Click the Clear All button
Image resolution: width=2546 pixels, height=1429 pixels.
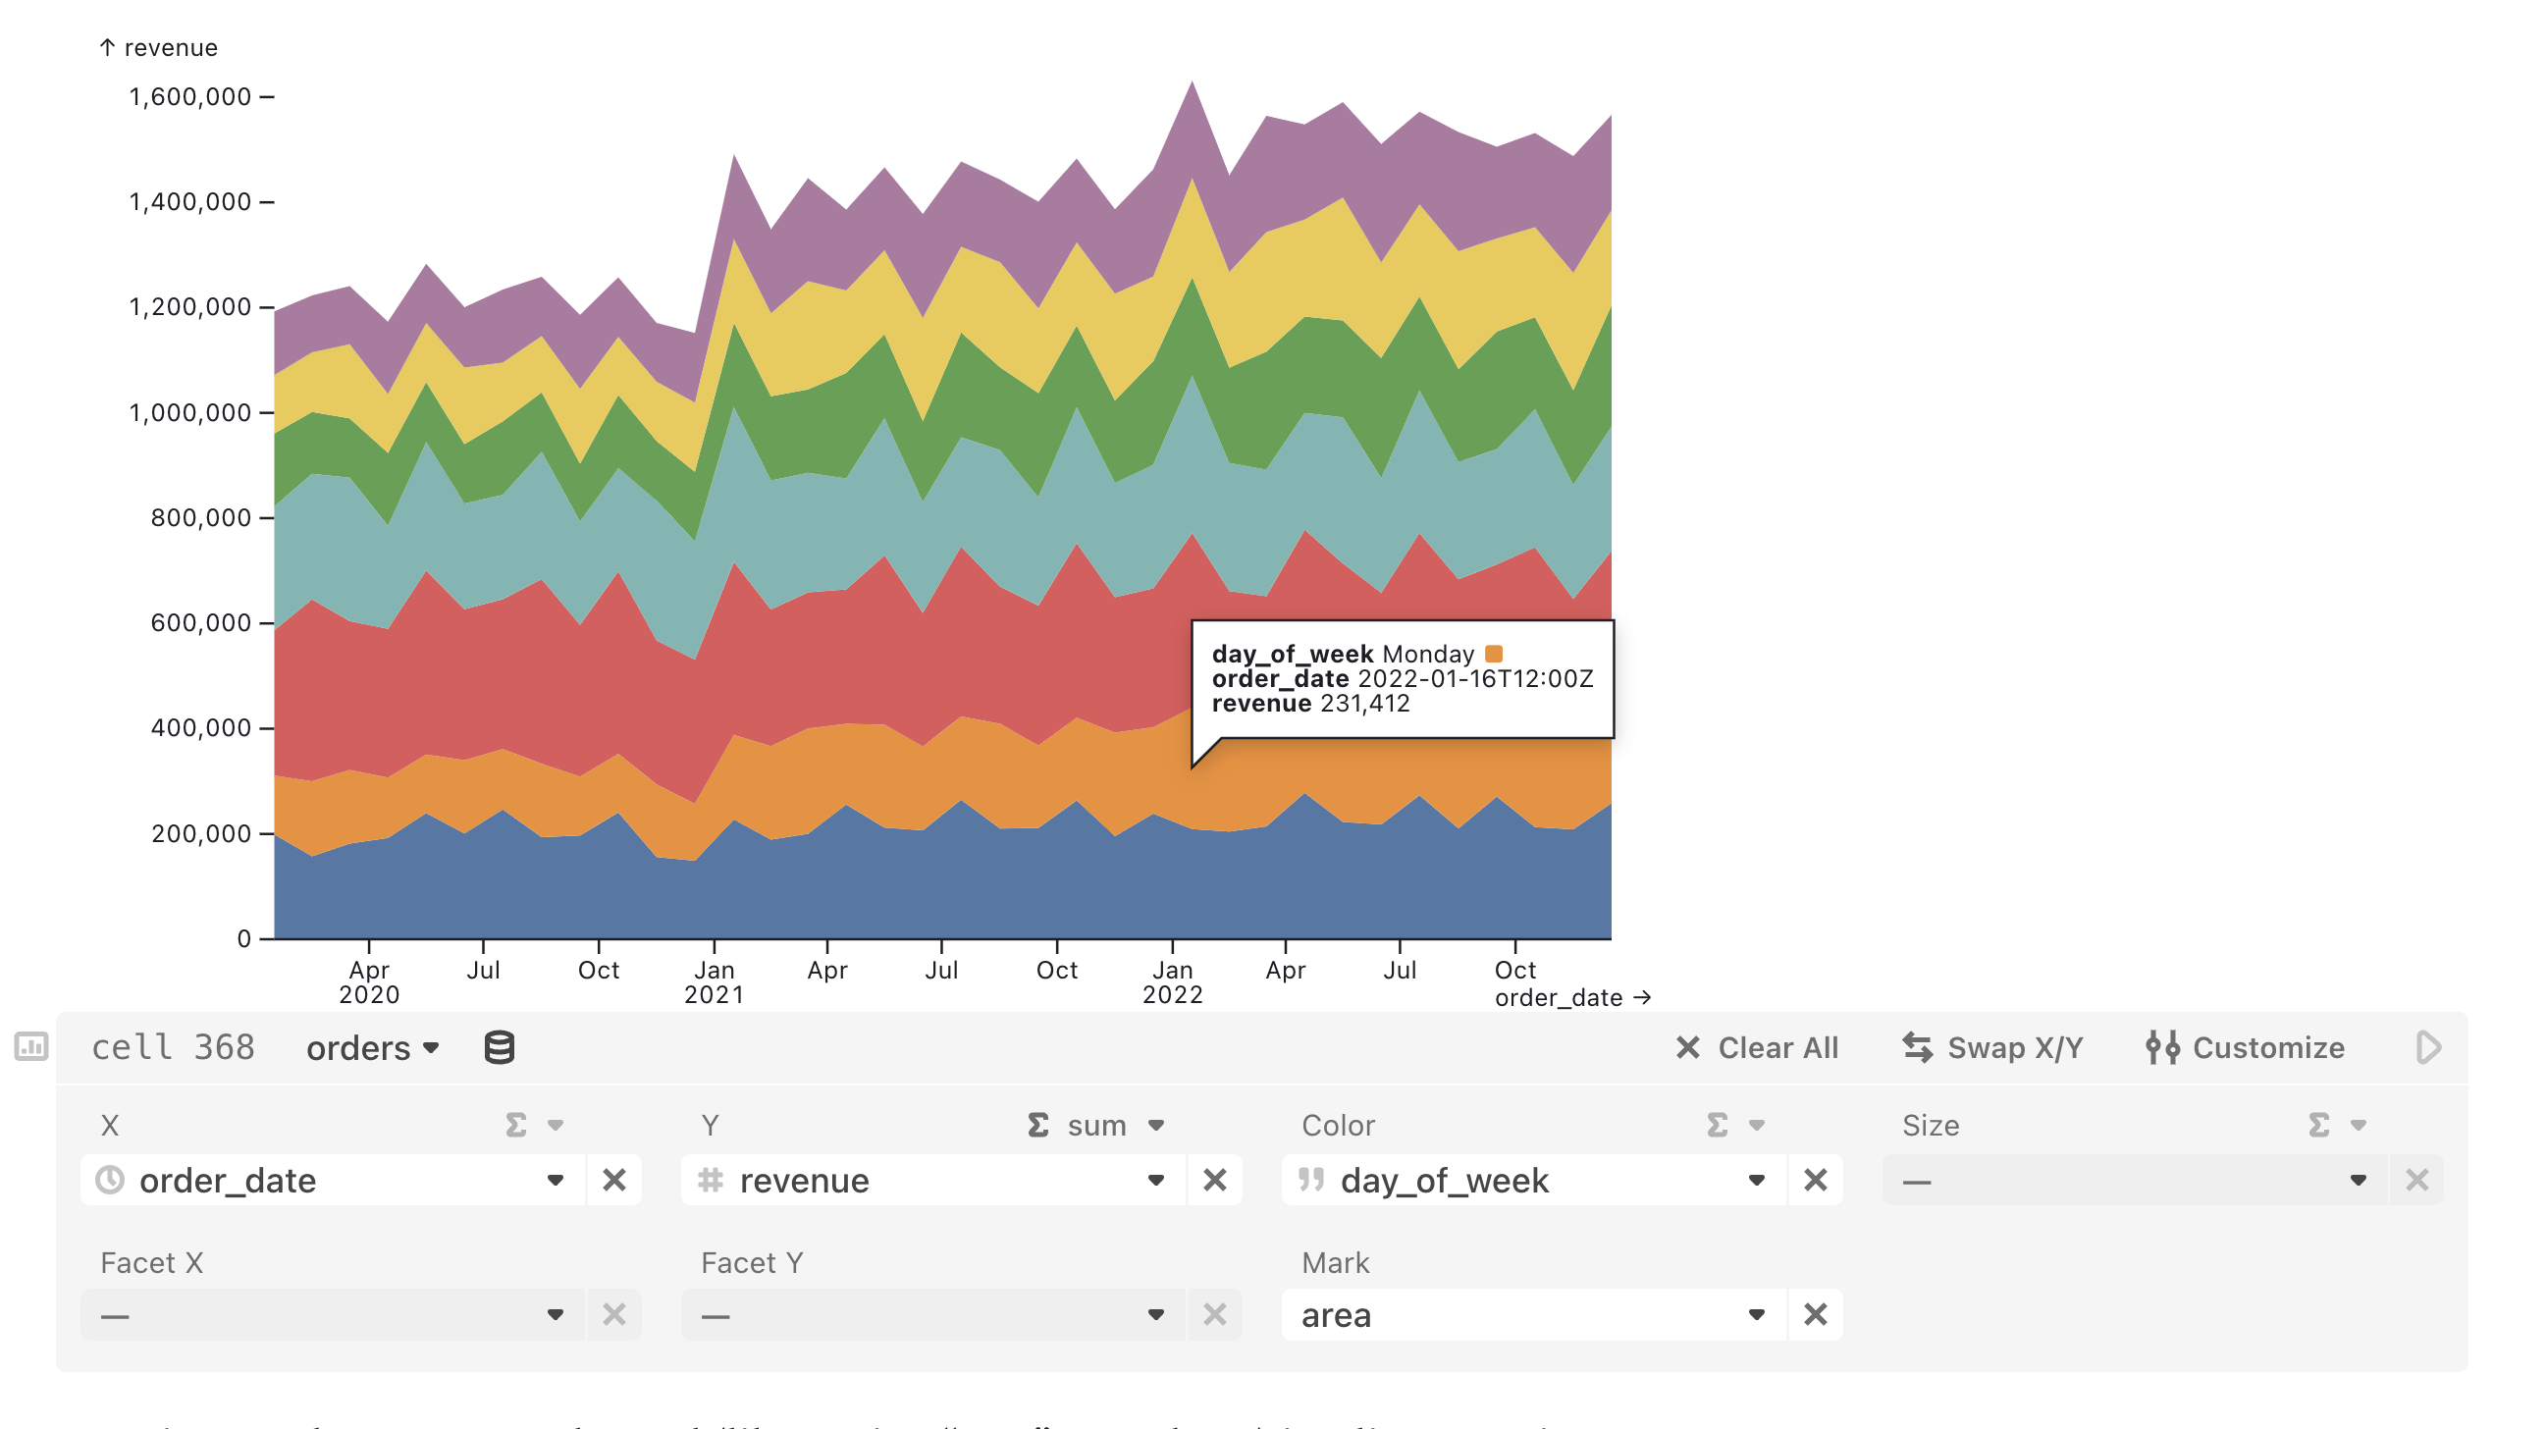tap(1756, 1047)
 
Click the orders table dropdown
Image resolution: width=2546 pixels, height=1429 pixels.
tap(372, 1047)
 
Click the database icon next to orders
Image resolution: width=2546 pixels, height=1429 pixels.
tap(500, 1047)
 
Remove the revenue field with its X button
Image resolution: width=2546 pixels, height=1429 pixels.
tap(1215, 1180)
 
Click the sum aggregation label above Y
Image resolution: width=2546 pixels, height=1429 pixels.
tap(1096, 1126)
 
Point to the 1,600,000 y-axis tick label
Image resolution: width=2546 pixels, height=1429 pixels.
tap(189, 97)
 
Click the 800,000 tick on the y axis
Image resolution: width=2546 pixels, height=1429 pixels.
tap(200, 518)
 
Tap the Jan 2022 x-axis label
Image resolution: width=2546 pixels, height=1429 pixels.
tap(1172, 982)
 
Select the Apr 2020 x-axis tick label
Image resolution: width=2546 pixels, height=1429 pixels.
tap(369, 982)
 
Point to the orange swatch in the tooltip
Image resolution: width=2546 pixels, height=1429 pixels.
tap(1494, 654)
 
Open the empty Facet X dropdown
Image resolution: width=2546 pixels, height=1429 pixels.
tap(331, 1315)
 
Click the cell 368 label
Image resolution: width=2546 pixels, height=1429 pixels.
tap(173, 1047)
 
